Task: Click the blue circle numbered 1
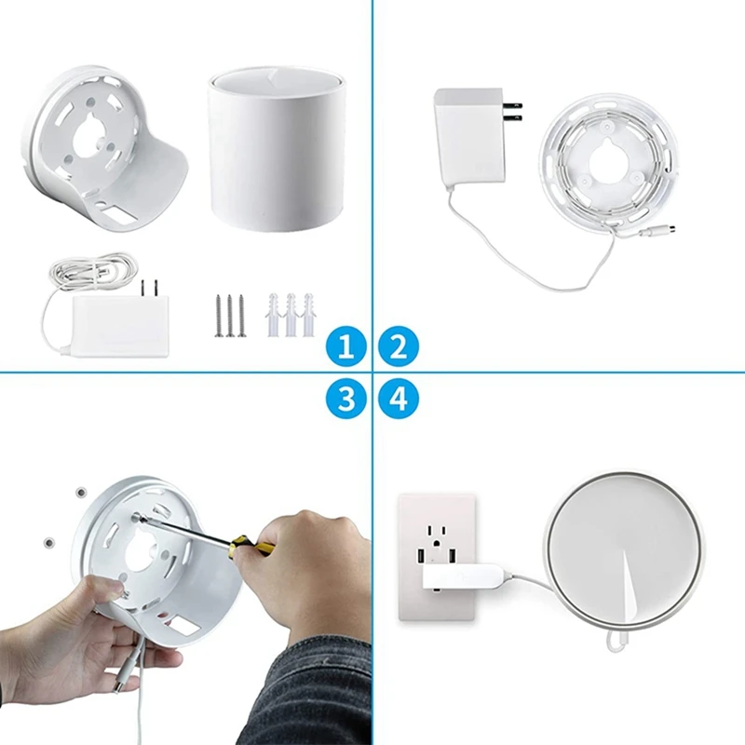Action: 346,348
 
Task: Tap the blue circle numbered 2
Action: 399,348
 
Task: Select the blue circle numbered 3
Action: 346,400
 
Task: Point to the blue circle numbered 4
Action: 399,400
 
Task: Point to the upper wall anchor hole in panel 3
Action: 81,490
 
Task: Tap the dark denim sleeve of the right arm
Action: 321,694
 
